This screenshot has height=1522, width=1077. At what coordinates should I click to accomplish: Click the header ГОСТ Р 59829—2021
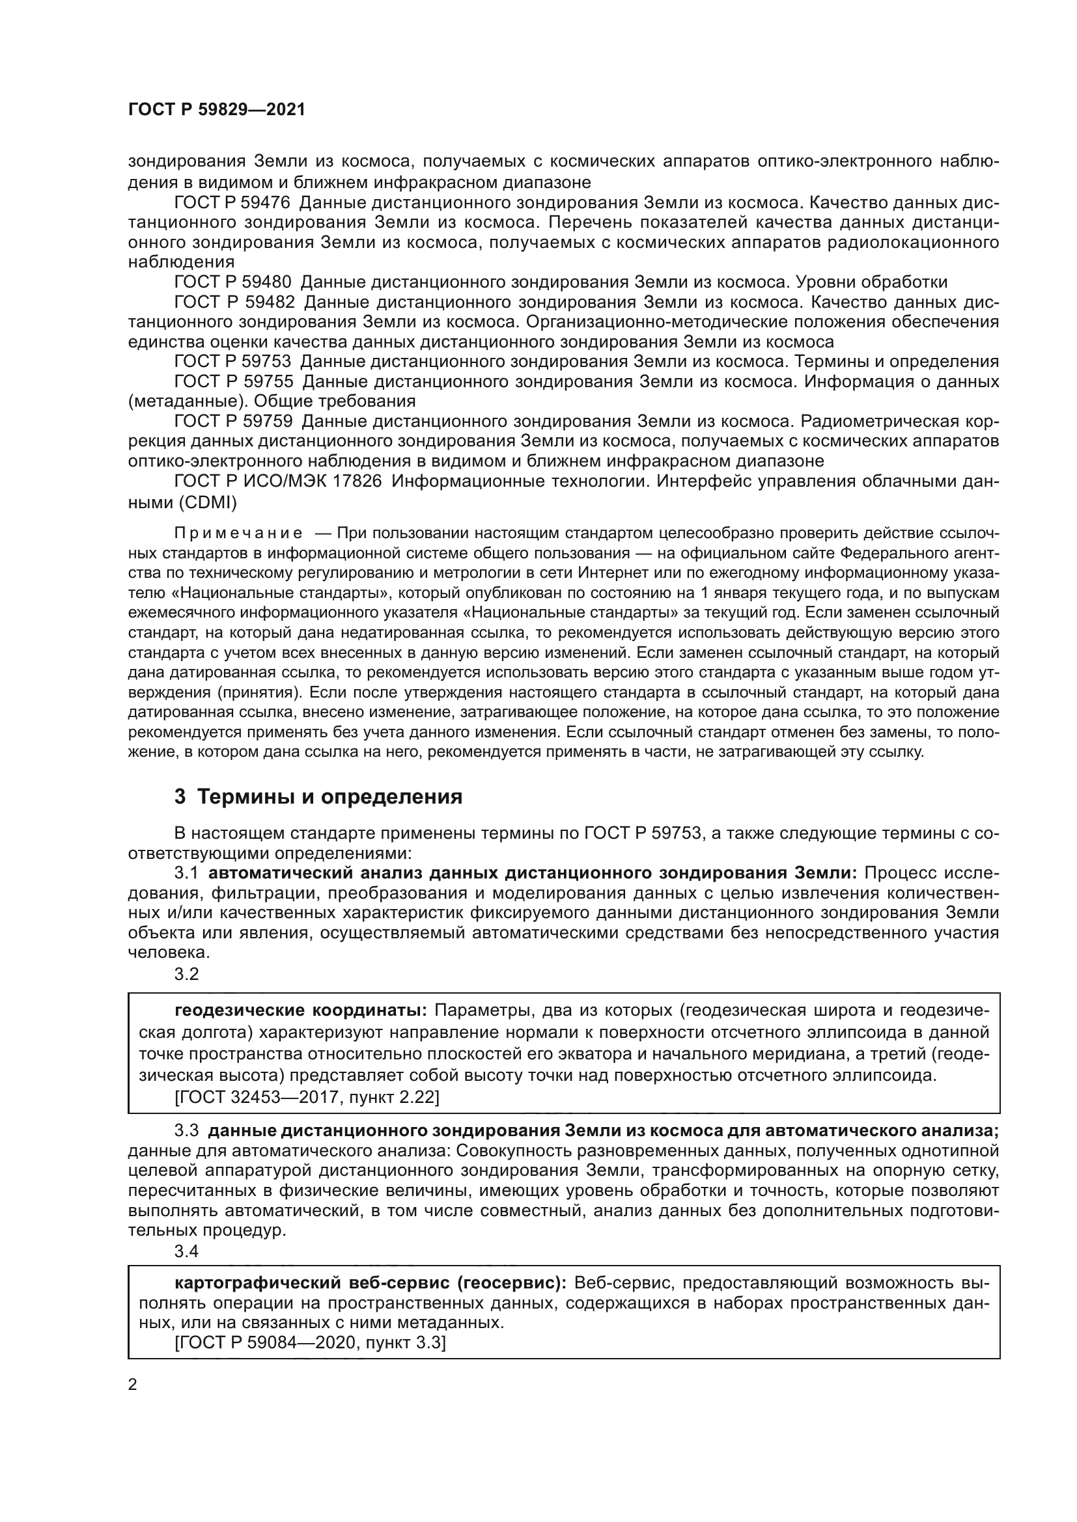point(216,110)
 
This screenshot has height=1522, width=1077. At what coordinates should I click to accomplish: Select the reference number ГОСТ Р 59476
point(232,202)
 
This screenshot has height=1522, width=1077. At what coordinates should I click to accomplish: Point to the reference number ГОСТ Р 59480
point(232,282)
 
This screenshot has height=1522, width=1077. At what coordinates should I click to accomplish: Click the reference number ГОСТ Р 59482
point(232,302)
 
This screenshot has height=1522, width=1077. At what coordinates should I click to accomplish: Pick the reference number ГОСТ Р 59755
point(232,381)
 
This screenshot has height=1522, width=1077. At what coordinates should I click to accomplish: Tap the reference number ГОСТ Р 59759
point(232,421)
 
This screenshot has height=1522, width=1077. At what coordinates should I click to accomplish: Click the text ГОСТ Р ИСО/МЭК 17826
point(278,481)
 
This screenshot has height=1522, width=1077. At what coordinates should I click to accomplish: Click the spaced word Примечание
point(238,534)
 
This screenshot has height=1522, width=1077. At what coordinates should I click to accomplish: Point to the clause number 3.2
point(186,974)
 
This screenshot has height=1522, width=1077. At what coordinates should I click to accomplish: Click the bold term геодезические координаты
point(301,1011)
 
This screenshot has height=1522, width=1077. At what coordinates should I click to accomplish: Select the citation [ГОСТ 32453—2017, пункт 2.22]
point(307,1097)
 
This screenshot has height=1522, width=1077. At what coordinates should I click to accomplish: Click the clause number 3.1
point(186,873)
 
